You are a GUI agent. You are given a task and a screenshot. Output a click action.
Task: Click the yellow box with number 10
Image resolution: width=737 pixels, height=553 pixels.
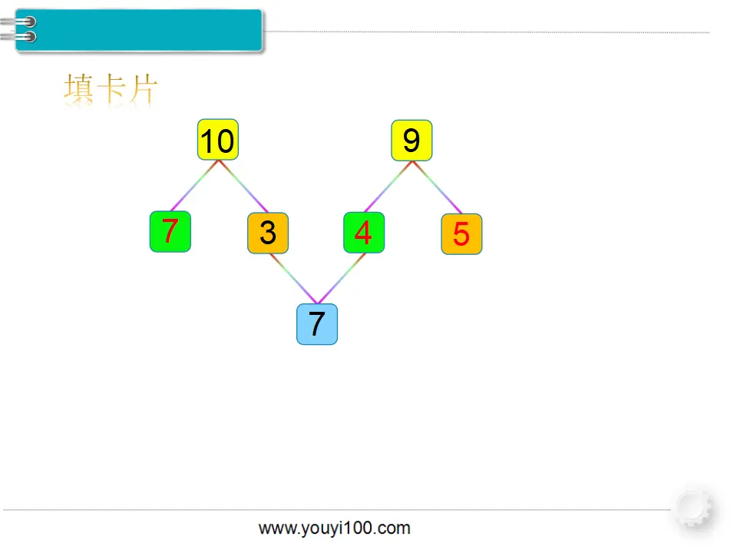pyautogui.click(x=217, y=140)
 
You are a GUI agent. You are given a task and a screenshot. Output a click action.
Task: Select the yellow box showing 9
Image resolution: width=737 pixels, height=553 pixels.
pyautogui.click(x=411, y=140)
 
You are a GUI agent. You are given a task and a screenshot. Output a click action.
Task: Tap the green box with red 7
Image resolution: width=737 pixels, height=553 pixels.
pyautogui.click(x=170, y=231)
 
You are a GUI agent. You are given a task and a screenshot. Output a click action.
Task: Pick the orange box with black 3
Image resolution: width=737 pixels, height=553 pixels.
pyautogui.click(x=268, y=233)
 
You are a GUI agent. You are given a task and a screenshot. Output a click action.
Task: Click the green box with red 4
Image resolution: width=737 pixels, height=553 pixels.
pyautogui.click(x=364, y=232)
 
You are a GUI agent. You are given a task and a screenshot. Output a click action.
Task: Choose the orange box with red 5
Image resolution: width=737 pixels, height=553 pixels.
pyautogui.click(x=461, y=233)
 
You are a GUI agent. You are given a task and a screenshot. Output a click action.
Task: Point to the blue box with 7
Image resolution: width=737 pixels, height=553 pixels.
pyautogui.click(x=317, y=324)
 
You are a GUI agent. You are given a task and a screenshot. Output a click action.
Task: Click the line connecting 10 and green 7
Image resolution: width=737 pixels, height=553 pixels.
pyautogui.click(x=194, y=186)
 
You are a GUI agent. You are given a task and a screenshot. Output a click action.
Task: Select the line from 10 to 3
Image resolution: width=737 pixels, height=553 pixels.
pyautogui.click(x=243, y=186)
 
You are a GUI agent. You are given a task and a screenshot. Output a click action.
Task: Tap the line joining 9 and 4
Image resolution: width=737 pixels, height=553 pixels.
pyautogui.click(x=388, y=187)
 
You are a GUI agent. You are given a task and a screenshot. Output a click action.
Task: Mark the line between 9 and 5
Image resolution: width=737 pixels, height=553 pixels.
pyautogui.click(x=437, y=187)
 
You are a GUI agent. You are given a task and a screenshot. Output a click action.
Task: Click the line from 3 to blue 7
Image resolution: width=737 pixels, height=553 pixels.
pyautogui.click(x=293, y=278)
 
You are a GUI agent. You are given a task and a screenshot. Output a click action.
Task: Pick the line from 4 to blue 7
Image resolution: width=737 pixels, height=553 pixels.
pyautogui.click(x=342, y=278)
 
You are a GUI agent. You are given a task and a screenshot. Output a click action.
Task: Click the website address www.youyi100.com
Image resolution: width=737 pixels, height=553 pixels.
pyautogui.click(x=334, y=528)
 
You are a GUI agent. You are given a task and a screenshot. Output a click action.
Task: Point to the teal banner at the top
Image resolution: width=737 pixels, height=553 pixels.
pyautogui.click(x=139, y=30)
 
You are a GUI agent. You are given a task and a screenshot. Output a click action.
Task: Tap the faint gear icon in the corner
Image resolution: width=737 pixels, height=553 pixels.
pyautogui.click(x=694, y=508)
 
